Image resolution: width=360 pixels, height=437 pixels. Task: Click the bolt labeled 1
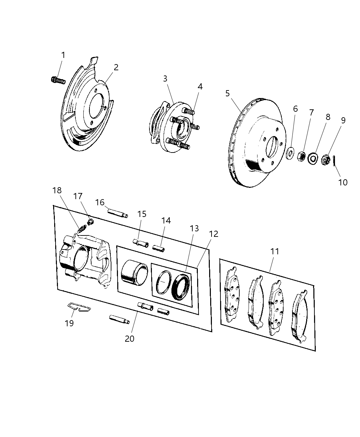click(58, 80)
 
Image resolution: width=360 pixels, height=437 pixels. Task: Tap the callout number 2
click(116, 67)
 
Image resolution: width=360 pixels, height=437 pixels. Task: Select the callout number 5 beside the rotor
click(228, 93)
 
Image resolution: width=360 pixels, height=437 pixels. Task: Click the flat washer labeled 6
click(290, 153)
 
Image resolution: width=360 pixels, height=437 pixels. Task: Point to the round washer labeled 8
click(312, 158)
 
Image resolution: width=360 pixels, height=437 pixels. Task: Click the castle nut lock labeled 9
click(324, 159)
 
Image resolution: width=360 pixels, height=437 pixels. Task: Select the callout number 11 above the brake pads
click(275, 252)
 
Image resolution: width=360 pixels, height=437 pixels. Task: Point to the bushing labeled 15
click(141, 243)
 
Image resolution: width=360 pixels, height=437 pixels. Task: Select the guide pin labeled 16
click(118, 212)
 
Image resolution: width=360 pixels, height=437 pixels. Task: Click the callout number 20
click(130, 339)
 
